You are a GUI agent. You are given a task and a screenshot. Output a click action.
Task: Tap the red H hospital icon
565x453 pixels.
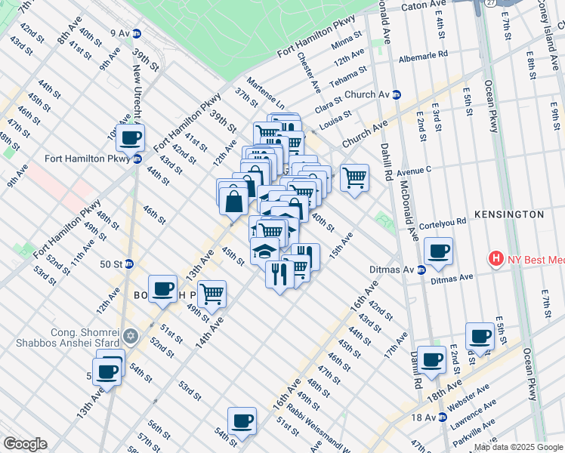click(x=496, y=259)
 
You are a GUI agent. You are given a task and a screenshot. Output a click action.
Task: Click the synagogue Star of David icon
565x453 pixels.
click(x=130, y=335)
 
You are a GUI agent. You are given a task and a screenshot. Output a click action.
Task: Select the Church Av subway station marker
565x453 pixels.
click(x=397, y=94)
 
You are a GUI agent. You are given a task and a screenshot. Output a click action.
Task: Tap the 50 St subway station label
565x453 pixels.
click(x=112, y=263)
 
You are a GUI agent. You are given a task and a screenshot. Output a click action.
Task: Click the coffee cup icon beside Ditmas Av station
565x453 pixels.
click(x=438, y=251)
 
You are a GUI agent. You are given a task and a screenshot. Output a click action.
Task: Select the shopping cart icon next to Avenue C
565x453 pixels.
click(x=354, y=178)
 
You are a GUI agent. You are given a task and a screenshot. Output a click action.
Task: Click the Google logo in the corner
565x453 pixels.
click(x=25, y=444)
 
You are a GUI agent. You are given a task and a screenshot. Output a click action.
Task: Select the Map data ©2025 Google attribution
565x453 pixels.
click(x=517, y=447)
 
